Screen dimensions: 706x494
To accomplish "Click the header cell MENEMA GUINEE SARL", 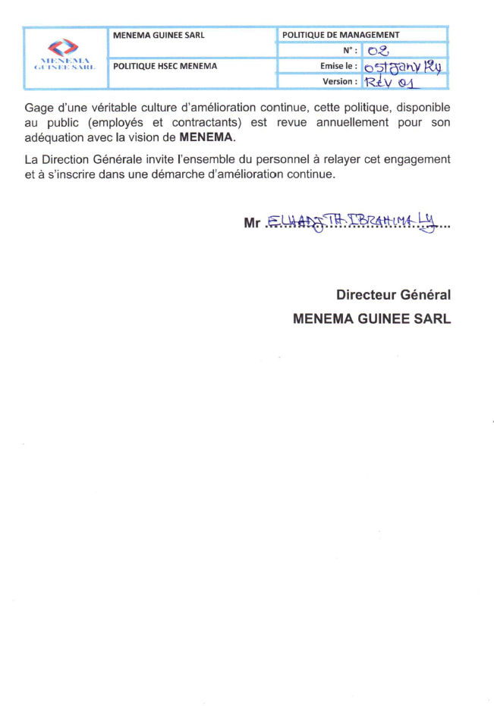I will (159, 35).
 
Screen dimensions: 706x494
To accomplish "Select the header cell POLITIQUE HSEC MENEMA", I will (165, 66).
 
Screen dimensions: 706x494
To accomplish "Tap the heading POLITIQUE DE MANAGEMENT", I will (341, 35).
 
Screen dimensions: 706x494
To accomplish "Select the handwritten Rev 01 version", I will (388, 82).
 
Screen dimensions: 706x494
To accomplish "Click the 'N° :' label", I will (350, 51).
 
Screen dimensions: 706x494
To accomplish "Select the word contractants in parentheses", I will (201, 122).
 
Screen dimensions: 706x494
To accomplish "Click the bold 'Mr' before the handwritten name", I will (252, 223).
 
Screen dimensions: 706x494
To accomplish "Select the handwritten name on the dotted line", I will (354, 221).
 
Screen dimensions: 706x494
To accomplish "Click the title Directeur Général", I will (394, 294).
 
